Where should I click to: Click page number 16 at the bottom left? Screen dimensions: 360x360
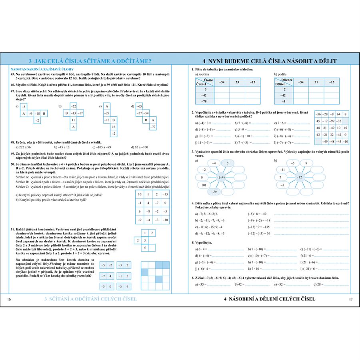point(9,299)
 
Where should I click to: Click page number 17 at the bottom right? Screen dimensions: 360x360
point(351,299)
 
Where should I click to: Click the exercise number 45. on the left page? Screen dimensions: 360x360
point(13,74)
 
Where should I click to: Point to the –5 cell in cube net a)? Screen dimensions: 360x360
point(24,107)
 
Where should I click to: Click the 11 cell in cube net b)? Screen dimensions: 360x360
point(74,120)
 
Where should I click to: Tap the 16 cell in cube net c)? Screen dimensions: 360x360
point(114,127)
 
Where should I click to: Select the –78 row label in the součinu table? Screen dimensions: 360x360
point(203,102)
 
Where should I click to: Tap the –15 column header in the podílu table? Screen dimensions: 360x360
point(332,82)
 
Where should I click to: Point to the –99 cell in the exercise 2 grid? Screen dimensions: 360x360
point(331,121)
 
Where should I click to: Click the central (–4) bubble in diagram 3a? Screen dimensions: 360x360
point(221,177)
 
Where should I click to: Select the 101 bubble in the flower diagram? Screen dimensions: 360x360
point(204,185)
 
